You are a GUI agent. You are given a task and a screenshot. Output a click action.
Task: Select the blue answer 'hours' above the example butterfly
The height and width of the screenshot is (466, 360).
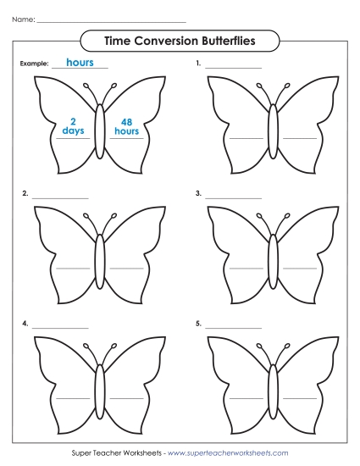pyautogui.click(x=80, y=63)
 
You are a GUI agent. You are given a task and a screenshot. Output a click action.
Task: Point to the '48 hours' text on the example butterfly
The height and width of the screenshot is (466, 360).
pyautogui.click(x=126, y=126)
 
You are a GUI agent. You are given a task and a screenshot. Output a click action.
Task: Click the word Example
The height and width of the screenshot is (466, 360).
pyautogui.click(x=32, y=64)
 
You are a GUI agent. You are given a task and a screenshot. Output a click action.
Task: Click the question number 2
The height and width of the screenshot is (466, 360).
pyautogui.click(x=25, y=194)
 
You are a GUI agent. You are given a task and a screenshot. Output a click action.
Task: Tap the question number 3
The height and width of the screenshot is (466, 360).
pyautogui.click(x=198, y=194)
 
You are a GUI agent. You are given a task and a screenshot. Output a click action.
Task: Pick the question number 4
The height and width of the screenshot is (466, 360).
pyautogui.click(x=25, y=324)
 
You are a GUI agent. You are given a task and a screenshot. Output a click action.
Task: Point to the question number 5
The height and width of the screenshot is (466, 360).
pyautogui.click(x=198, y=324)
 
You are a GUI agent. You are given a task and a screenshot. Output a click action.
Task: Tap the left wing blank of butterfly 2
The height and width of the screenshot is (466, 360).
pyautogui.click(x=73, y=267)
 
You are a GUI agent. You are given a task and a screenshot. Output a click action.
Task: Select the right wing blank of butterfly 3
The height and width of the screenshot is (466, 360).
pyautogui.click(x=300, y=267)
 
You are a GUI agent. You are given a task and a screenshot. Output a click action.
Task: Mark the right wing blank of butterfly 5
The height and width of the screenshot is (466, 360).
pyautogui.click(x=300, y=397)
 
